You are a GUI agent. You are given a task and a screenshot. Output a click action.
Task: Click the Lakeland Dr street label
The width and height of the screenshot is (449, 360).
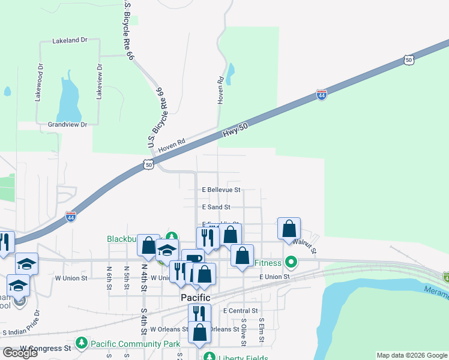[x=70, y=40]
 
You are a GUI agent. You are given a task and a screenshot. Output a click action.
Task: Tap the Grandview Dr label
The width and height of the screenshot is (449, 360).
[x=67, y=124]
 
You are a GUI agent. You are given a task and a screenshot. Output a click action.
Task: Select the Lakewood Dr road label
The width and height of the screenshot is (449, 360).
[x=40, y=82]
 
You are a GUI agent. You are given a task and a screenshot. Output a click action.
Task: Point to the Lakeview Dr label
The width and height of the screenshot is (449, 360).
[x=100, y=82]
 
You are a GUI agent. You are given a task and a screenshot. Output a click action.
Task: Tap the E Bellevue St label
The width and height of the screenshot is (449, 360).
[x=221, y=190]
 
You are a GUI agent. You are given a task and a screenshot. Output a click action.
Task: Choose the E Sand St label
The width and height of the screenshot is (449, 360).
[x=216, y=207]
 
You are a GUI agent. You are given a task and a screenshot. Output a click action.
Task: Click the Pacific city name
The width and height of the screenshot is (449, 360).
[x=196, y=298]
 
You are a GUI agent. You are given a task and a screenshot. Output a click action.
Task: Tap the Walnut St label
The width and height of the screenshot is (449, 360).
[x=305, y=245]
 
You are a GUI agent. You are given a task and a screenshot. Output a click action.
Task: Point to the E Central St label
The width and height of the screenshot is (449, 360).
[x=240, y=311]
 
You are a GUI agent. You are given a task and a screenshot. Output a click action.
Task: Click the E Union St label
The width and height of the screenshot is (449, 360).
[x=274, y=277]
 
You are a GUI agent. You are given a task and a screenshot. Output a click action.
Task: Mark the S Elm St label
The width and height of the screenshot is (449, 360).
[x=262, y=331]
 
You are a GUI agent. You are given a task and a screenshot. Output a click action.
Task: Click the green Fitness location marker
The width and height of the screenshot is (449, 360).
[x=291, y=262]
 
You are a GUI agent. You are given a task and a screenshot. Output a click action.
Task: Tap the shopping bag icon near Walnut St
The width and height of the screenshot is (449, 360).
[x=289, y=229]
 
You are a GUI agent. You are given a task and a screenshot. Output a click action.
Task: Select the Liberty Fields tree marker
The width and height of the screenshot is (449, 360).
[x=209, y=356]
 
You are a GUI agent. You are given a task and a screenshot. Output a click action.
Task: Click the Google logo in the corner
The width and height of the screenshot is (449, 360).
[x=20, y=353]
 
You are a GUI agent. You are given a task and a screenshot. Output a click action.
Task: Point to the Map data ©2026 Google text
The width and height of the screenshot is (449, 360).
[x=412, y=355]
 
